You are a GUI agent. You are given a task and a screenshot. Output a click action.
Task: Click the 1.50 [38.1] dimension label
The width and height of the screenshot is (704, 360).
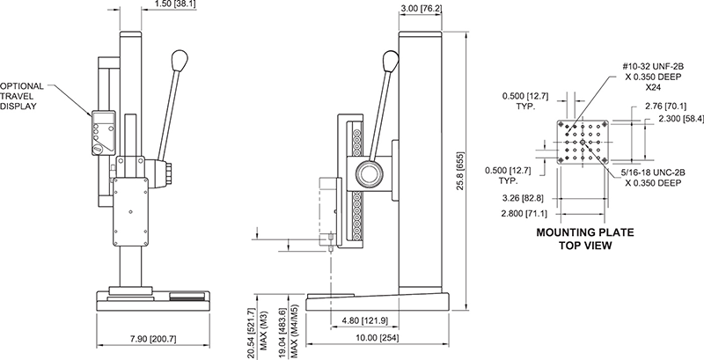[174, 4]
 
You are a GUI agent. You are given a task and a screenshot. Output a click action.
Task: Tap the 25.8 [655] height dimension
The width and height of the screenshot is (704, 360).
[460, 172]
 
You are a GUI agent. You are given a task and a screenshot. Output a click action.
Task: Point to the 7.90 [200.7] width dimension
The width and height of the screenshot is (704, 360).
[153, 339]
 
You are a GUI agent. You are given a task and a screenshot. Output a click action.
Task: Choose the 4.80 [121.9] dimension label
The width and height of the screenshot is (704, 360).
[364, 320]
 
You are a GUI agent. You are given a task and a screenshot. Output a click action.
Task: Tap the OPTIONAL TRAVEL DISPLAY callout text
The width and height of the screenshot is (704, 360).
[22, 96]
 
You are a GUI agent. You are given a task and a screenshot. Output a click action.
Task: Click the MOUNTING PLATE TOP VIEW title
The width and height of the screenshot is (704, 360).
[585, 239]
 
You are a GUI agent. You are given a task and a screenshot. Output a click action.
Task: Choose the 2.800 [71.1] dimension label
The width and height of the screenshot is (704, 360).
[524, 214]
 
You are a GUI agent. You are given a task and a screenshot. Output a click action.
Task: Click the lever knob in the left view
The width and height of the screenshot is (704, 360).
[180, 61]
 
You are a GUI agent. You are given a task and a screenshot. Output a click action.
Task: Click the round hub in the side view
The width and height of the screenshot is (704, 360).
[370, 173]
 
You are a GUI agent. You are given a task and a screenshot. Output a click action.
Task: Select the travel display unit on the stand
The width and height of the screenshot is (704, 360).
[104, 133]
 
